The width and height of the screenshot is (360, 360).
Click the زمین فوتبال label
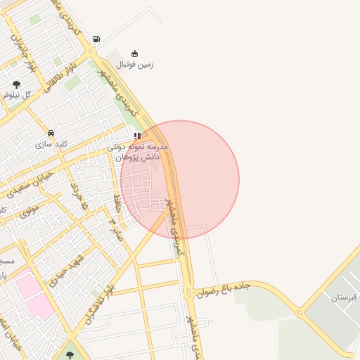[134, 65]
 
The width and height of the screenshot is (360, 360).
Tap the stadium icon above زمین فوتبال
[135, 53]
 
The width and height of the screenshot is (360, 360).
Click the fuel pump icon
[96, 39]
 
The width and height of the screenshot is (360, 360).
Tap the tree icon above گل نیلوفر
[16, 84]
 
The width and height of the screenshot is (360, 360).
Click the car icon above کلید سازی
[51, 133]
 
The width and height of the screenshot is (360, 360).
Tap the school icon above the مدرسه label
[137, 136]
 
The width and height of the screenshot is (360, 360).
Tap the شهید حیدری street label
[67, 270]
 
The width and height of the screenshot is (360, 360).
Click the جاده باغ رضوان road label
[224, 288]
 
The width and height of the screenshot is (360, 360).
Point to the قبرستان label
[345, 297]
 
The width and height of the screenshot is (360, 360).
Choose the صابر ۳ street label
[115, 229]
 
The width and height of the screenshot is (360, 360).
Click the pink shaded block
[35, 295]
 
